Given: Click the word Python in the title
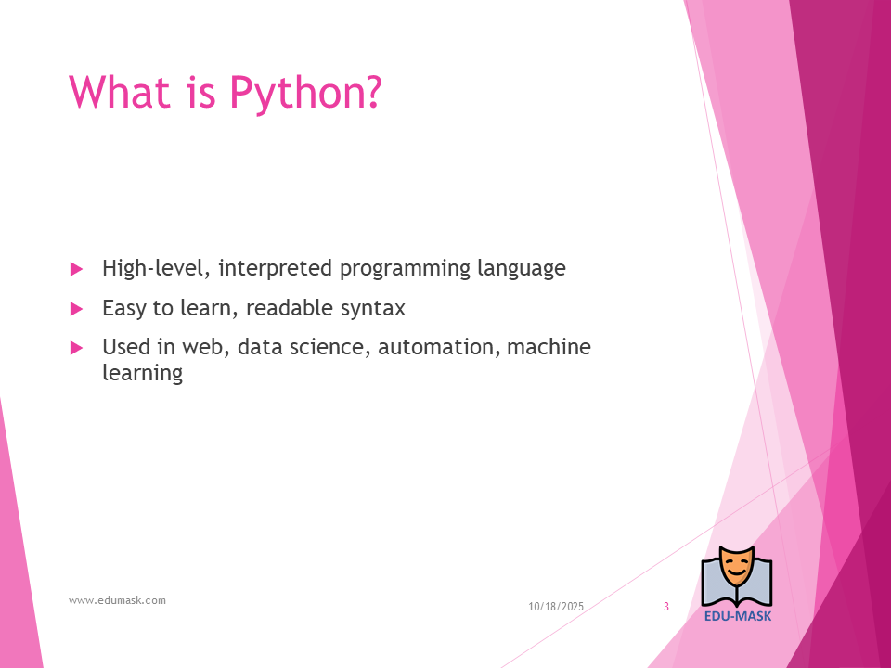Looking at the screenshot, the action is pos(305,93).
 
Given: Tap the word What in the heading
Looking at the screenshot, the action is pos(120,92).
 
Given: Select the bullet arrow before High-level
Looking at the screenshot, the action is pos(77,269).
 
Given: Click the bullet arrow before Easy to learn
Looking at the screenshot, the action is pos(77,309).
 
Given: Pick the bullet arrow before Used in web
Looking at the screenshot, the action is pos(77,348).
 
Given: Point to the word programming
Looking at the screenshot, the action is pos(405,269).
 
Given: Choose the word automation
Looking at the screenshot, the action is pos(439,347).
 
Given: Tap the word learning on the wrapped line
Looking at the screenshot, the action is pos(143,374).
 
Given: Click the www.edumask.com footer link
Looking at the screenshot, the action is pos(118,600).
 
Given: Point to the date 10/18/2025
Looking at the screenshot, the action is pos(556,607).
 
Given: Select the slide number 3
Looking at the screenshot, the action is pos(666,607).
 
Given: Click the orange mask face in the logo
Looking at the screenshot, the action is pos(736,566).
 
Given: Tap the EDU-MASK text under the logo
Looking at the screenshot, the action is pos(738,616).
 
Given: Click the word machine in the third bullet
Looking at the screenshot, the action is pos(549,346).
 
